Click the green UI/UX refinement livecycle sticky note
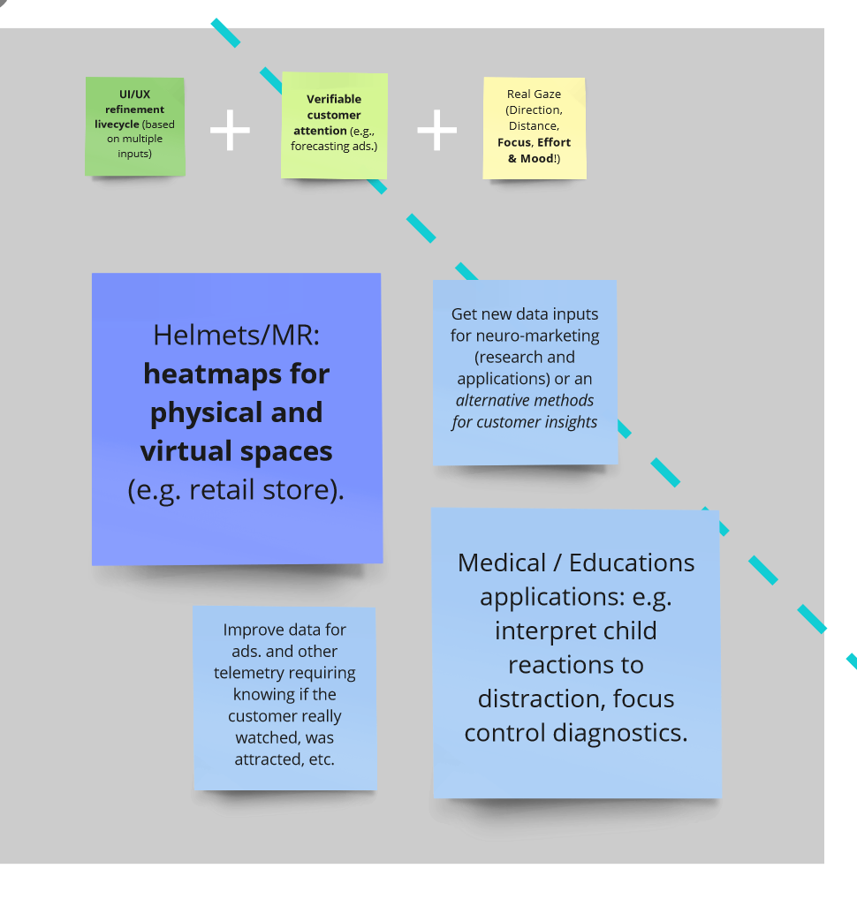click(x=135, y=125)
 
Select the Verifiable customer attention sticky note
click(x=334, y=125)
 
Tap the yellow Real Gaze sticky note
click(x=534, y=127)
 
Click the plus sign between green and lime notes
click(x=230, y=130)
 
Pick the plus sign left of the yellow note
click(x=436, y=130)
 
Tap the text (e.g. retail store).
click(x=236, y=490)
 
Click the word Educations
click(x=632, y=562)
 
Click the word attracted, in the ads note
click(x=270, y=759)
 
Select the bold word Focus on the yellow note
click(x=513, y=142)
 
